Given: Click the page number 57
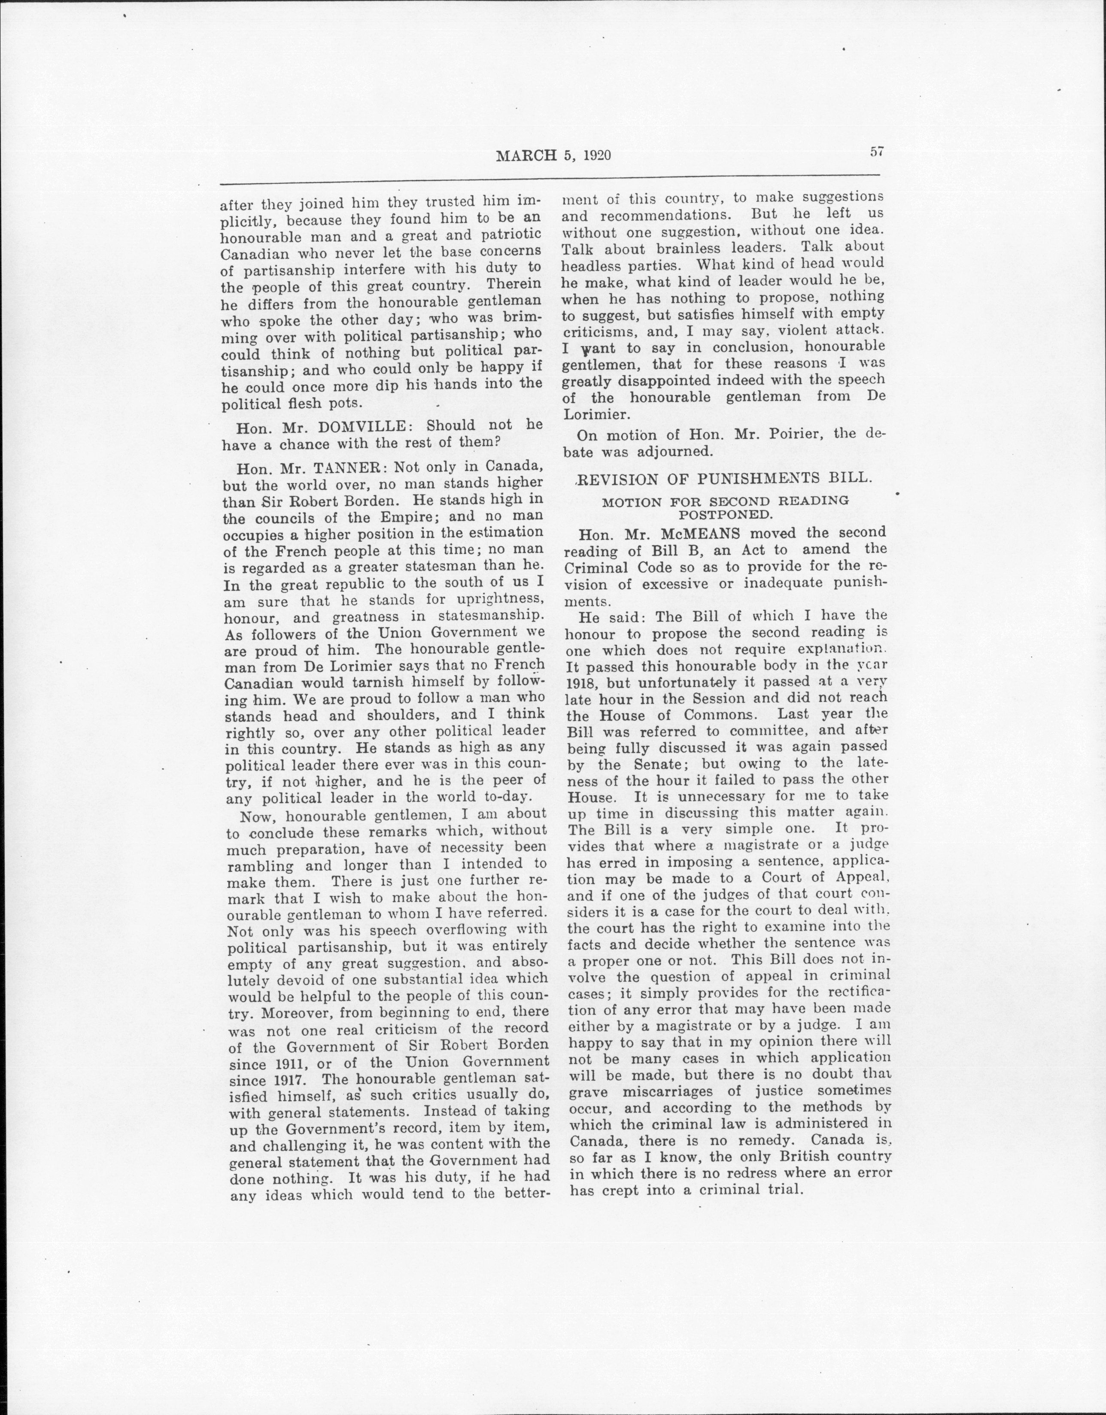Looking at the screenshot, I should tap(877, 152).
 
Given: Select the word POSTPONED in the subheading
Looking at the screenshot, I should tap(725, 516).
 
